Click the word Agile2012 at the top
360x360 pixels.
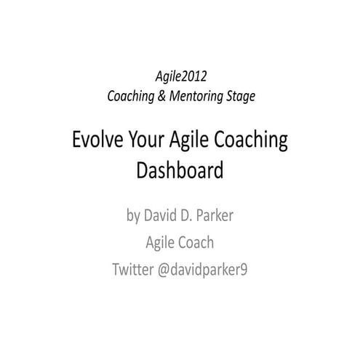(180, 76)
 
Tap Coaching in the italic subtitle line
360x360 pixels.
(132, 95)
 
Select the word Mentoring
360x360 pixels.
(198, 95)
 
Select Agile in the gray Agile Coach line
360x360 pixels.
(161, 242)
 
